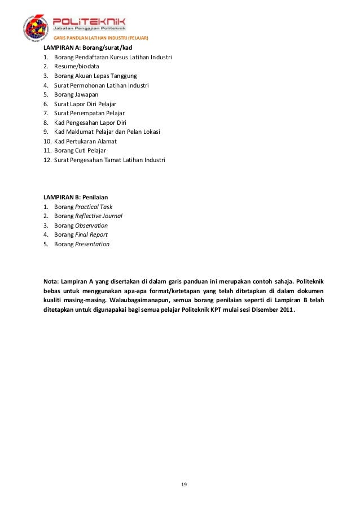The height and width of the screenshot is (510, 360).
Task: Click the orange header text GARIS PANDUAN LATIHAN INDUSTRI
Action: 100,38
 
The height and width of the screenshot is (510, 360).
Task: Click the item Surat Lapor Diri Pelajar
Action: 85,104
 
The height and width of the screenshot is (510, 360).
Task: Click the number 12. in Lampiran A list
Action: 47,160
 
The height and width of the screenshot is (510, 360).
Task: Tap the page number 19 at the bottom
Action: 184,485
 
